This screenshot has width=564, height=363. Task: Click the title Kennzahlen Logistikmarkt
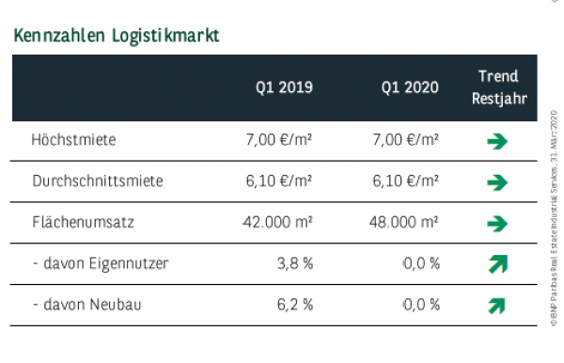117,37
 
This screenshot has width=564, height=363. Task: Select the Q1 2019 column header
284,87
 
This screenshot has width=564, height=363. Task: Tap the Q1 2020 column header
410,87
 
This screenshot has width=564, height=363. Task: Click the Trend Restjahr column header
497,87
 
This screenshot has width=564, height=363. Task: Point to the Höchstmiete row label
73,141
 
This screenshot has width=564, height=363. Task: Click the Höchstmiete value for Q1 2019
279,141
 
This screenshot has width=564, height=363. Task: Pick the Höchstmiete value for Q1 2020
405,141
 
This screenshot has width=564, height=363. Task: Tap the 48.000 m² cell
400,223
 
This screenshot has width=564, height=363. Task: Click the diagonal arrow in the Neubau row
497,305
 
